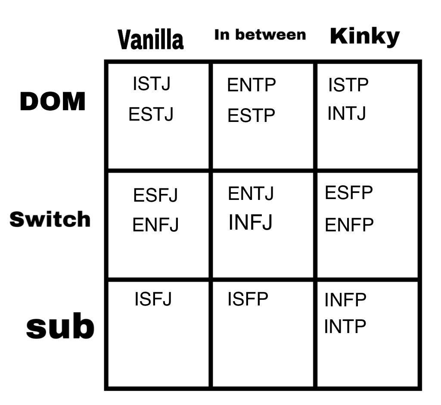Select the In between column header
[260, 35]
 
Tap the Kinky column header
[365, 37]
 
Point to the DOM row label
[53, 102]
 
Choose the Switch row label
[50, 219]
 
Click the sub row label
[60, 327]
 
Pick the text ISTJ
[152, 84]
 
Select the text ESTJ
[151, 115]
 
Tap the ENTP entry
[252, 85]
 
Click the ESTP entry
[251, 116]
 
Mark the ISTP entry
[348, 85]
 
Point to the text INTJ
[347, 114]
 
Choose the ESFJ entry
[155, 195]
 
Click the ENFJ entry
[155, 225]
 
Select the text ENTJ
[251, 193]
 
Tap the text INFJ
[251, 222]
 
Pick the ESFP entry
[349, 193]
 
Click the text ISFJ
[153, 299]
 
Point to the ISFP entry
[248, 299]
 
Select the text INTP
[345, 326]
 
